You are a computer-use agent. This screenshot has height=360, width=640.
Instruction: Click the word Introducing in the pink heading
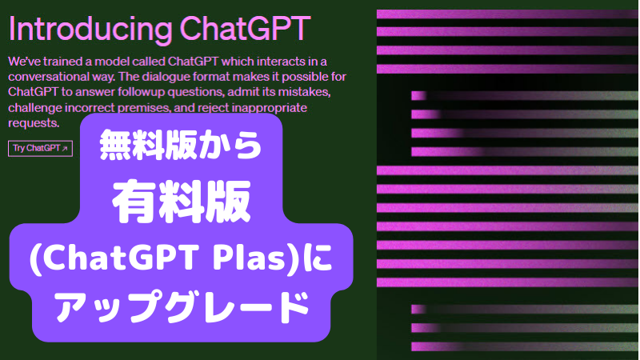pos(90,30)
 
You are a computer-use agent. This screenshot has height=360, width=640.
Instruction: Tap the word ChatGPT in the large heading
pos(245,28)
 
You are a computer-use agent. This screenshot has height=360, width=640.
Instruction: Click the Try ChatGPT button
pos(41,148)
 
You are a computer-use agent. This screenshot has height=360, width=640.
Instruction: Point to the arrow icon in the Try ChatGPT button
pos(65,149)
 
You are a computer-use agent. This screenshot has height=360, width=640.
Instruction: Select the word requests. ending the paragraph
pos(34,123)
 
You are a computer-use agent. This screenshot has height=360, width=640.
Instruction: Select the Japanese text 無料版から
pos(181,145)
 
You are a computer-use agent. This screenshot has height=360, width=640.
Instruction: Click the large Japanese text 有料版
pos(182,202)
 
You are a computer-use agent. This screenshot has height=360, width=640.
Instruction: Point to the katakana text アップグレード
pos(182,307)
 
